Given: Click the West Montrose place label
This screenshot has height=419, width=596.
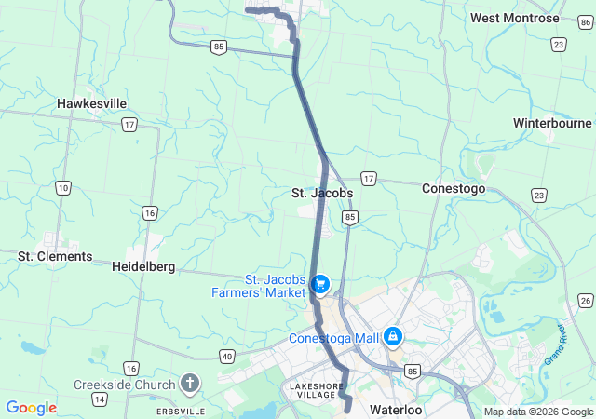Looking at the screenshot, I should (x=515, y=18).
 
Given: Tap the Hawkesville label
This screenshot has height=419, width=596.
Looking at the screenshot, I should (x=92, y=103).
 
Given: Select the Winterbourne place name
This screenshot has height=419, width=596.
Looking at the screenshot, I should (x=552, y=123).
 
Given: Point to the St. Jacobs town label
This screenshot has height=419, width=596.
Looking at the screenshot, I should (x=322, y=193).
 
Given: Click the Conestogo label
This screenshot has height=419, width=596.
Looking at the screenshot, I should (x=454, y=187).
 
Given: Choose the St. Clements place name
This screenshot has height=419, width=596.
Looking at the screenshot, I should (x=56, y=256).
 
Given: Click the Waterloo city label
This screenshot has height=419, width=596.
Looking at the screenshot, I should (x=396, y=410).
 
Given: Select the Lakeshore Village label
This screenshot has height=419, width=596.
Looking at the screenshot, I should (x=312, y=390).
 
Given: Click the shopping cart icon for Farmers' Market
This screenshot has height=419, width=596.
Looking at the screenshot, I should (x=320, y=282).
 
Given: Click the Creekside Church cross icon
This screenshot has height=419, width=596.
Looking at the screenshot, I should (x=190, y=384).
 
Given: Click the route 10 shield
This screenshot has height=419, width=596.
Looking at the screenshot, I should (x=62, y=188).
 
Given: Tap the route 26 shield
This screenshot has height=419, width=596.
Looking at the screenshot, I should (x=585, y=299).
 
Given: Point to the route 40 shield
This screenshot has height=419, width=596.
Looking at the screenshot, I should (x=227, y=356).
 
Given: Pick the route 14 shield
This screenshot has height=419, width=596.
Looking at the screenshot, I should (x=99, y=399).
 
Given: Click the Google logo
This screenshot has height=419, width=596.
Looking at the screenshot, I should (x=31, y=408).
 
